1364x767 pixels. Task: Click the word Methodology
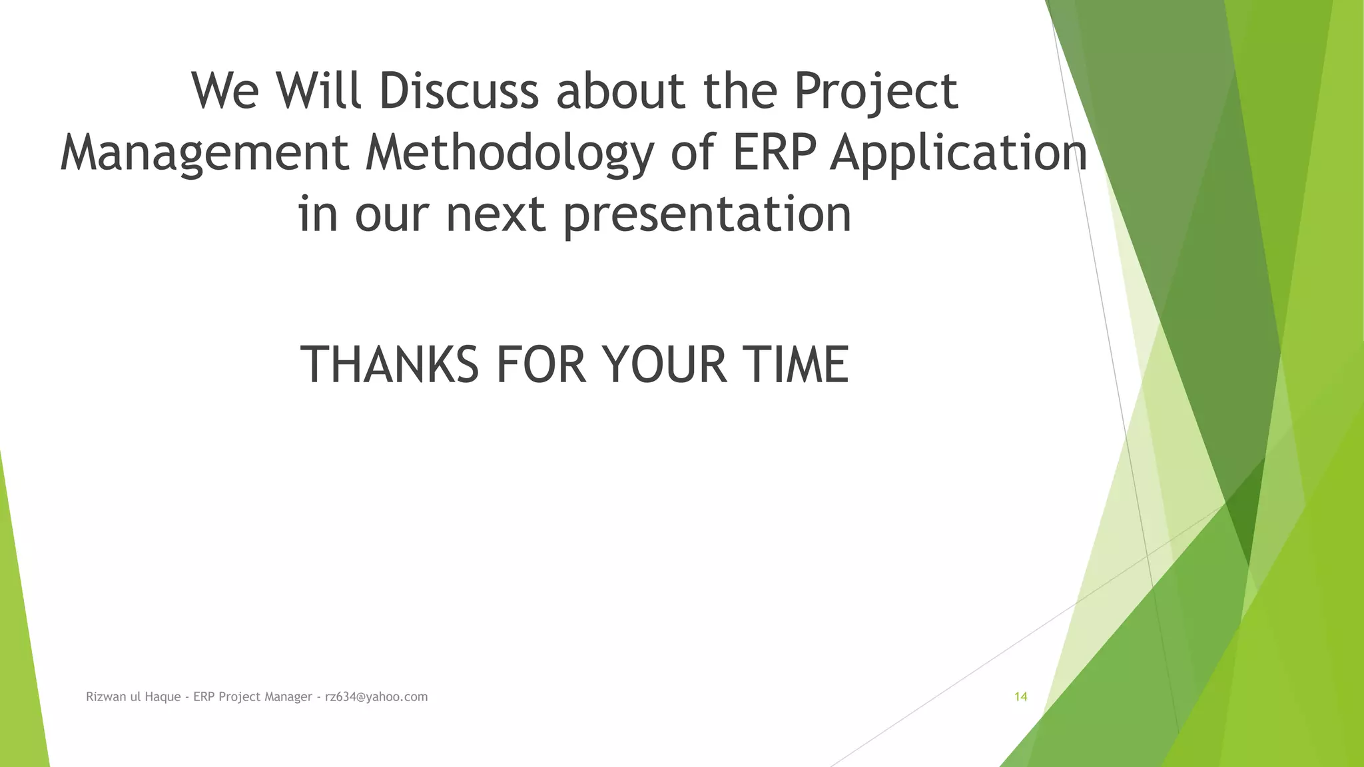[510, 153]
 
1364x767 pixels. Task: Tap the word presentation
[707, 215]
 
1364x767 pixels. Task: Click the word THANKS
[390, 365]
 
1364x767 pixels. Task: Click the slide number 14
[1020, 697]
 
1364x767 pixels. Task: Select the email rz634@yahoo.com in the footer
[376, 697]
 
